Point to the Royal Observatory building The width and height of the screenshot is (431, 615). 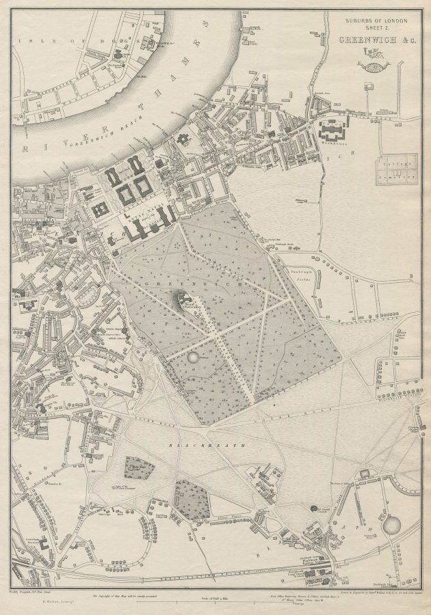[183, 297]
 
